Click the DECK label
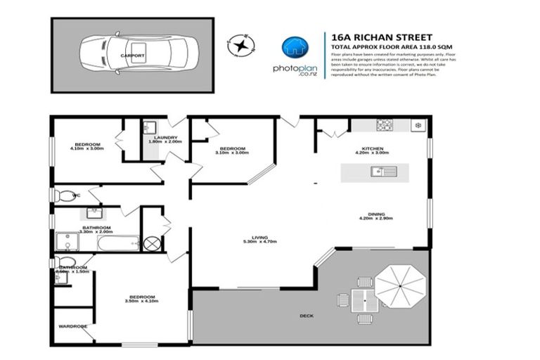tap(307, 316)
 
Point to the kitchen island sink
tap(378, 170)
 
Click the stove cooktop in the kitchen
tap(384, 126)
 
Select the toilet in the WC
tap(63, 195)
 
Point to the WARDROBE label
tap(72, 326)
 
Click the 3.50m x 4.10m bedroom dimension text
tap(141, 302)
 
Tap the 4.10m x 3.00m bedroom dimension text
tap(86, 148)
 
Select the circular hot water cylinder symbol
tap(153, 243)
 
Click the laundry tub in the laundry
tap(149, 127)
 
